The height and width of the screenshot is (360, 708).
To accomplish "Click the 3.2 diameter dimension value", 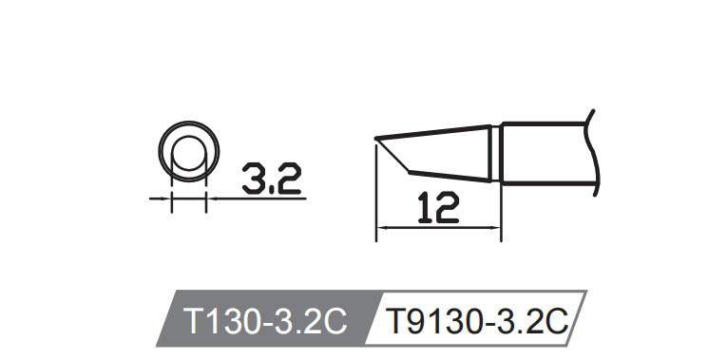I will coord(271,177).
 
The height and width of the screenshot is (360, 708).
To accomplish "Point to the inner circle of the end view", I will coord(188,153).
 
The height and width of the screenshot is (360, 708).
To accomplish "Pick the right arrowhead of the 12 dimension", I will coord(497,227).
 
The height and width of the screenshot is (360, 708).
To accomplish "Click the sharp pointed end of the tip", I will coord(375,142).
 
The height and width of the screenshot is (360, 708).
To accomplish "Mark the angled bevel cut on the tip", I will coord(392,159).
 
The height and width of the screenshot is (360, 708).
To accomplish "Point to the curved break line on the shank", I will coord(592,152).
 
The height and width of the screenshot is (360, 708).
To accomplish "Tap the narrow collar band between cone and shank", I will coord(496,153).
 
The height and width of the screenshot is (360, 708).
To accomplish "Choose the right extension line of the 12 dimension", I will coord(502,209).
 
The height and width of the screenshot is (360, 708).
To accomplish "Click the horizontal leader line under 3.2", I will coord(257,199).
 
